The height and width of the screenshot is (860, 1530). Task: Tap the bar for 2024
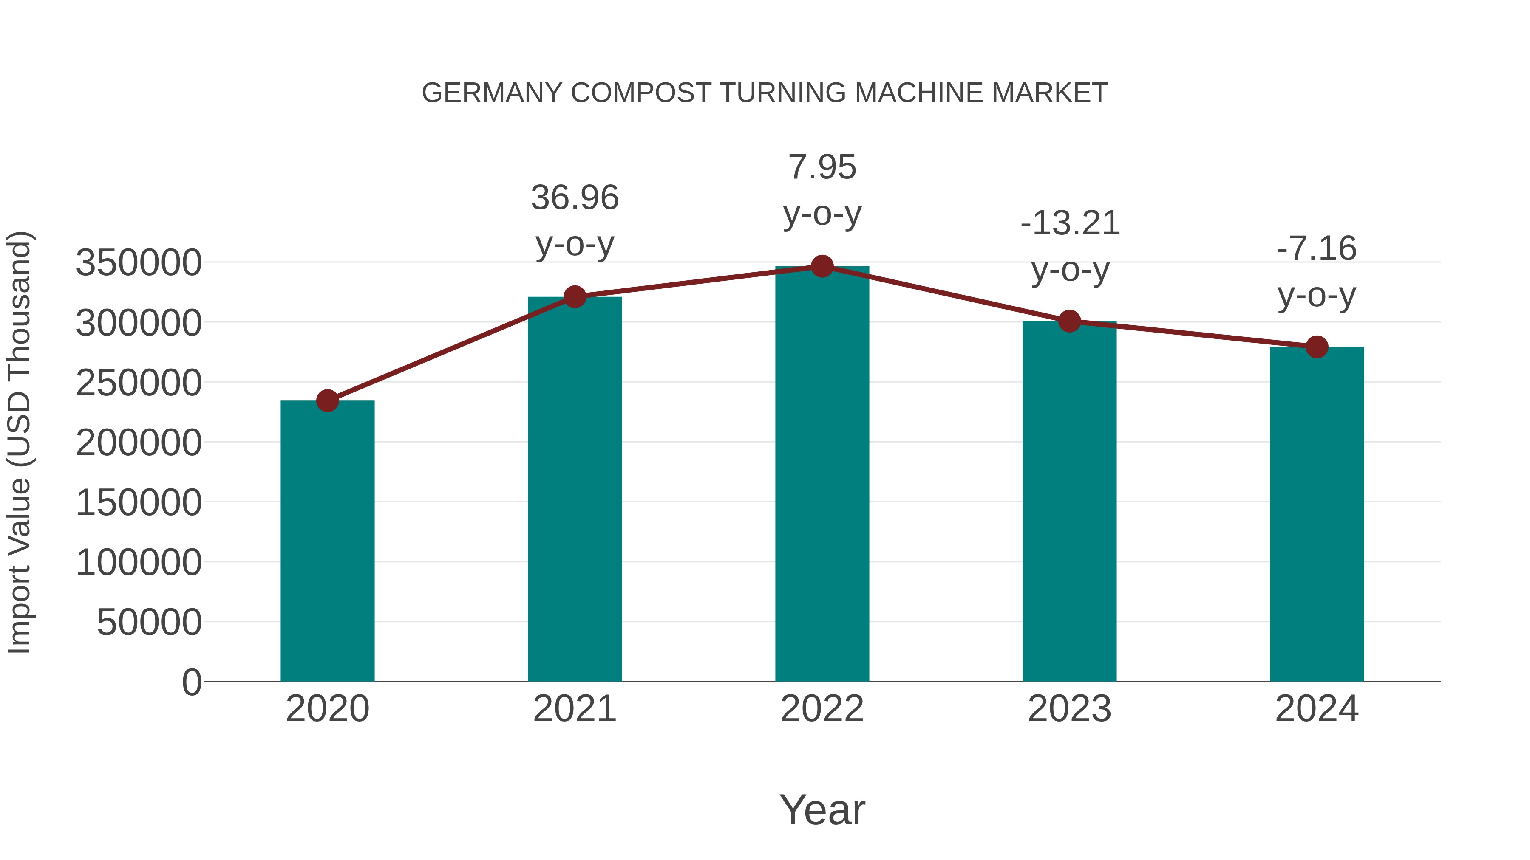1317,514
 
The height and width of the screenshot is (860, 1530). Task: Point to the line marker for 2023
1069,321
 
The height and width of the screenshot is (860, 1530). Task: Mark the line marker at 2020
327,400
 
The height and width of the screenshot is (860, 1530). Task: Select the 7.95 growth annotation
822,167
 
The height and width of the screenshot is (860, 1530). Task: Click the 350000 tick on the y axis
139,262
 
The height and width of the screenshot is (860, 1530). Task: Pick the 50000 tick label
149,622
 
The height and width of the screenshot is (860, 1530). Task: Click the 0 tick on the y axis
192,682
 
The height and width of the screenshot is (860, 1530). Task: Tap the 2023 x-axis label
1069,709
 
